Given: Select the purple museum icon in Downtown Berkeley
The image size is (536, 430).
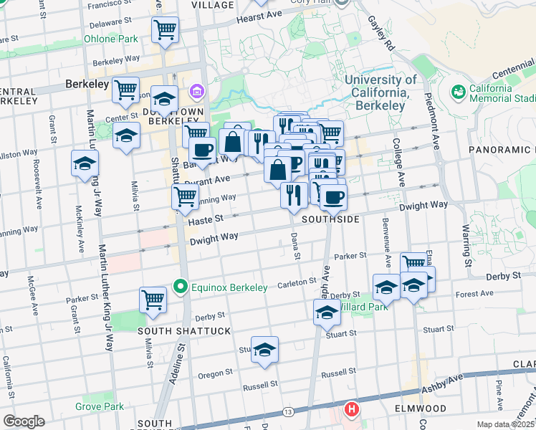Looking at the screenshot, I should (196, 92).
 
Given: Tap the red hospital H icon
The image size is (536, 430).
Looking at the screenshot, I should (351, 410).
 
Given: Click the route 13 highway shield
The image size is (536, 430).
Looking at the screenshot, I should (288, 412).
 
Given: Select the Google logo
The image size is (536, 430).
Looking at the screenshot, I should (24, 421).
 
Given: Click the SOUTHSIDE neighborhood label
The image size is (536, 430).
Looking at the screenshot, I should (330, 219).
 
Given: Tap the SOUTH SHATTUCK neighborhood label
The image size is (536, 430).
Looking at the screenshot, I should (174, 331).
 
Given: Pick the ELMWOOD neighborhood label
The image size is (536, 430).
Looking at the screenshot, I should (421, 408).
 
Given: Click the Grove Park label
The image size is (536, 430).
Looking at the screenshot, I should (100, 406).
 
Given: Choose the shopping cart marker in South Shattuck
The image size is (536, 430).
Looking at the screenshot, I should (153, 300).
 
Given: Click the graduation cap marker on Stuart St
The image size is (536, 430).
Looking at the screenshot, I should (264, 349).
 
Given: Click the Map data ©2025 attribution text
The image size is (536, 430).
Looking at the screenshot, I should (506, 424).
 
